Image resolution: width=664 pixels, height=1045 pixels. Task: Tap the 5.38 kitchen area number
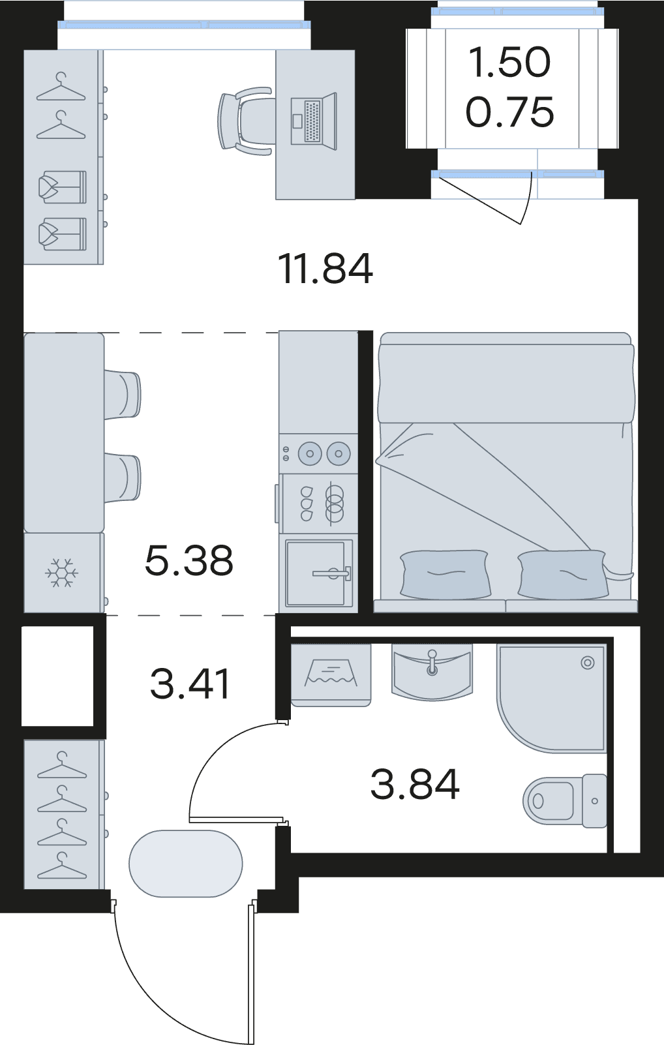pyautogui.click(x=189, y=560)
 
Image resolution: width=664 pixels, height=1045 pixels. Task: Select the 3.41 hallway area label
pyautogui.click(x=190, y=684)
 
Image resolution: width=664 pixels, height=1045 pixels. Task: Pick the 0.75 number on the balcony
pyautogui.click(x=510, y=112)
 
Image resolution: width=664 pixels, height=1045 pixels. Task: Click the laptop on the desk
pyautogui.click(x=314, y=121)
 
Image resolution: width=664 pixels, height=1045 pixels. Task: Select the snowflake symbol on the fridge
pyautogui.click(x=61, y=573)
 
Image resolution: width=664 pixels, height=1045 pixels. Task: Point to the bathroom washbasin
pyautogui.click(x=432, y=671)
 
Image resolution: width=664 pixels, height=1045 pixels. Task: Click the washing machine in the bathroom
pyautogui.click(x=331, y=674)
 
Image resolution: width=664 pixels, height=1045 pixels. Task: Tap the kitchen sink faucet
pyautogui.click(x=332, y=573)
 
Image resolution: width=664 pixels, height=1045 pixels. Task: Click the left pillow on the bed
pyautogui.click(x=445, y=574)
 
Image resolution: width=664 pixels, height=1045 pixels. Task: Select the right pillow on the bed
pyautogui.click(x=563, y=574)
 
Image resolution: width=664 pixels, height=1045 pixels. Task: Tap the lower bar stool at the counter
pyautogui.click(x=122, y=479)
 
